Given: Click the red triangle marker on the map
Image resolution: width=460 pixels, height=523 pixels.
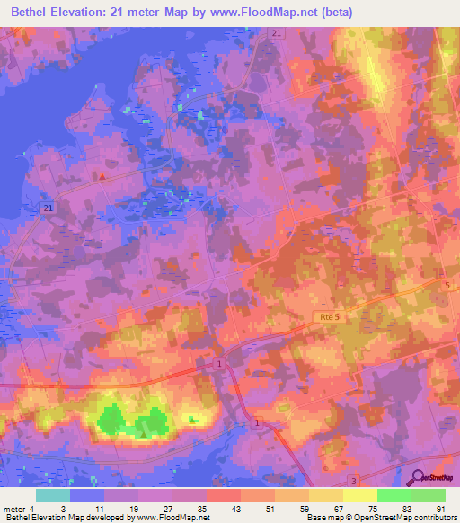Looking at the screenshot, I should coord(102,176).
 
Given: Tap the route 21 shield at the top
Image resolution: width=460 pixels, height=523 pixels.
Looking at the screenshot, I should coord(275,33).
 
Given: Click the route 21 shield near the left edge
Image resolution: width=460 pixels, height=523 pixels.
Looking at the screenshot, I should coord(47,208).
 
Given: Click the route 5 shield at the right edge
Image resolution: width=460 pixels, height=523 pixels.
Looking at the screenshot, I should coord(447,285).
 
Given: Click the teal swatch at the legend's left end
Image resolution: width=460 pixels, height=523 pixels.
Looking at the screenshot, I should coord(52,495).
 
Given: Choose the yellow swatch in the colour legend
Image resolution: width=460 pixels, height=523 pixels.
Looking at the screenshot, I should coord(359,495).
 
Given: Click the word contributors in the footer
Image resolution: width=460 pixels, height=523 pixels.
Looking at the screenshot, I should coord(436,518).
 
